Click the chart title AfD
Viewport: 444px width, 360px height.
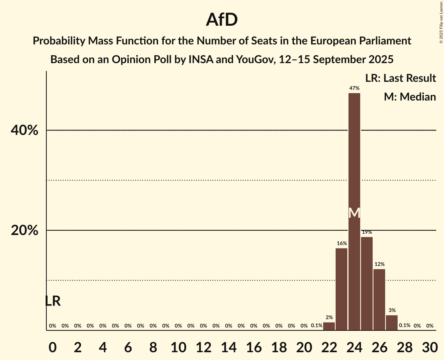coord(222,20)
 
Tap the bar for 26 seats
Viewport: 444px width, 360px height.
coord(379,300)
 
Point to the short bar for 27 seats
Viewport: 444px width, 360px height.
coord(392,323)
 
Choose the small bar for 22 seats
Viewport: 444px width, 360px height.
coord(329,326)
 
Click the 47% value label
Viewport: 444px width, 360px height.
coord(354,88)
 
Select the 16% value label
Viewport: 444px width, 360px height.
coord(341,244)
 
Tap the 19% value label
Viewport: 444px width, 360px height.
coord(367,232)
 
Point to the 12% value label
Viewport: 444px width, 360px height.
coord(379,265)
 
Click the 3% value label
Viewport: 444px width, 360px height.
coord(392,311)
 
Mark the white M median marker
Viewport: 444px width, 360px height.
coord(354,213)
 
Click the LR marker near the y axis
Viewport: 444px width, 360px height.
coord(53,301)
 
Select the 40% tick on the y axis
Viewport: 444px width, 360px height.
coord(25,131)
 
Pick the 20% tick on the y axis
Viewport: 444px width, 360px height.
coord(25,231)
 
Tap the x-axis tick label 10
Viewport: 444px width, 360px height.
coord(178,346)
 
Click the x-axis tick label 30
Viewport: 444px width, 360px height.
coord(430,346)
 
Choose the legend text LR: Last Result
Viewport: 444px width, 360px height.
coord(400,78)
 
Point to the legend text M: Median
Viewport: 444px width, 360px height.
coord(410,97)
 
